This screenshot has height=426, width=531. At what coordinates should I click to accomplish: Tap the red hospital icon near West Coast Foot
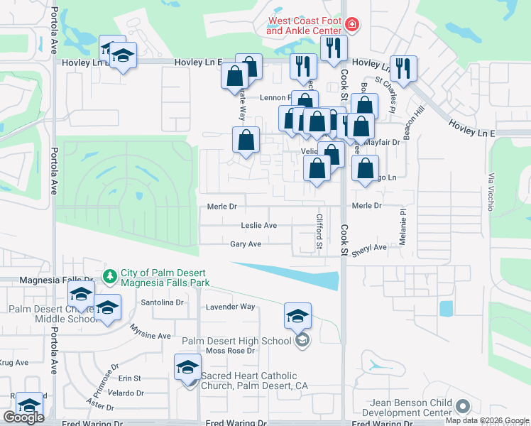[351, 26]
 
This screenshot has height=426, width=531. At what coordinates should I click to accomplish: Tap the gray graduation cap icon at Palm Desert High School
[302, 341]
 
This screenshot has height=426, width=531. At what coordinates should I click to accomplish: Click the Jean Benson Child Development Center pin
[464, 407]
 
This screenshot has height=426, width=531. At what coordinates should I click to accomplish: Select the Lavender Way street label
[230, 307]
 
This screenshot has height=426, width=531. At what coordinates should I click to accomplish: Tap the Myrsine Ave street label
[150, 332]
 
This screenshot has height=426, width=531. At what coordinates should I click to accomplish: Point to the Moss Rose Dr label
[230, 351]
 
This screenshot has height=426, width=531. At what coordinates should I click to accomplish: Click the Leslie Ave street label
[258, 225]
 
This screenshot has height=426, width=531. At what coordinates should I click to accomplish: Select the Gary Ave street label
[246, 244]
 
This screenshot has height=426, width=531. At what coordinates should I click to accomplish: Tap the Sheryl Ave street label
[369, 248]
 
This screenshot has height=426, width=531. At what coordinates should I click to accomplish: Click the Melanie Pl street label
[402, 226]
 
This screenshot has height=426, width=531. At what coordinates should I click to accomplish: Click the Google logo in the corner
[23, 417]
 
